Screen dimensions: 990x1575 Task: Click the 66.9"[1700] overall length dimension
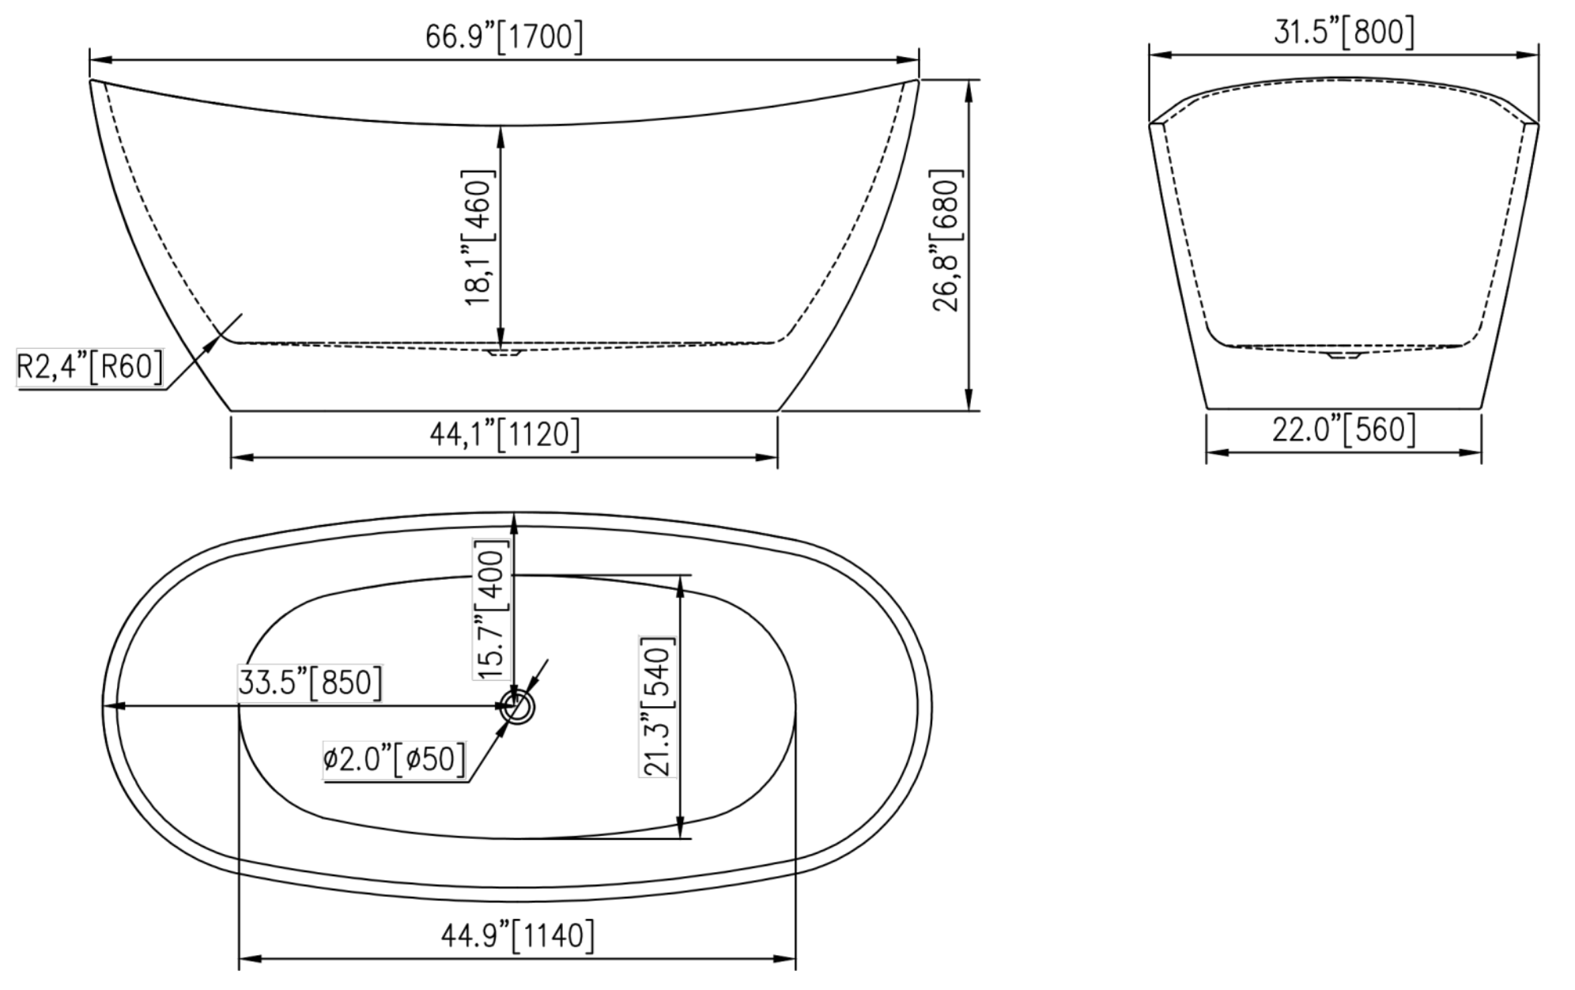(504, 37)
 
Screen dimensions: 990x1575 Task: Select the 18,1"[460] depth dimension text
(479, 237)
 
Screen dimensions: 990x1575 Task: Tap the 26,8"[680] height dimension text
(947, 240)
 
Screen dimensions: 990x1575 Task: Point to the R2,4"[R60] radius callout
(89, 367)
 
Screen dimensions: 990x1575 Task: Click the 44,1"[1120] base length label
(504, 434)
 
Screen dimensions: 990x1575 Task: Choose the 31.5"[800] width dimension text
(1343, 32)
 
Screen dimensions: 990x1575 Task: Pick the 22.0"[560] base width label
(1343, 429)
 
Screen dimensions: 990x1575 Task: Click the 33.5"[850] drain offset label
(310, 682)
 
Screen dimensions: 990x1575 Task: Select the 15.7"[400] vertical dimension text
(491, 609)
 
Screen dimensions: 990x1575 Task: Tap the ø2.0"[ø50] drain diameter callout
(394, 759)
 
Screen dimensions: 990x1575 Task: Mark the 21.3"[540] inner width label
(658, 706)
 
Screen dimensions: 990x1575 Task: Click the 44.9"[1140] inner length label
(517, 936)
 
